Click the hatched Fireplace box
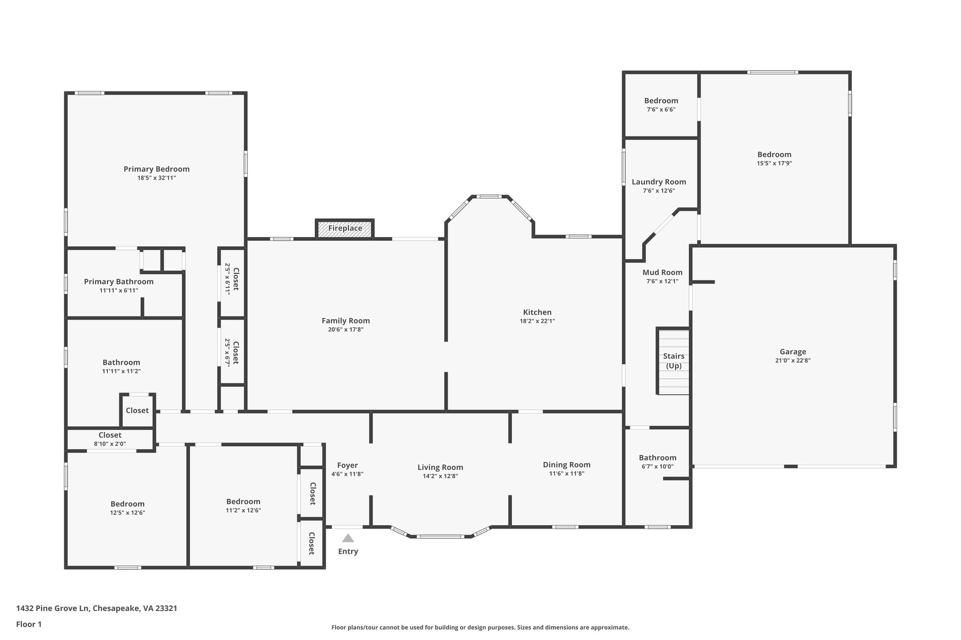point(345,229)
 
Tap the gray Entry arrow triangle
point(348,538)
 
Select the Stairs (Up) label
point(673,361)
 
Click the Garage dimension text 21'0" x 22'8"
point(793,361)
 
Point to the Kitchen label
point(537,312)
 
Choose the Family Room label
point(345,321)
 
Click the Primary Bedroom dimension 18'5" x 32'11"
point(156,178)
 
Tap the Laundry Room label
point(658,182)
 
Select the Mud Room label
point(662,272)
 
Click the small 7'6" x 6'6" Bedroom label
point(661,101)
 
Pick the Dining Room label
point(566,465)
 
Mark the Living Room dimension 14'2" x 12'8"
point(440,476)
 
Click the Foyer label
point(347,465)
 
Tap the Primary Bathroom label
point(119,282)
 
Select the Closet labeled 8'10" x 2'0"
point(110,435)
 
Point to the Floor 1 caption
point(29,624)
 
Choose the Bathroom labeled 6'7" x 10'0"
point(657,458)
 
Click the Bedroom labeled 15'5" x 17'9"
point(774,155)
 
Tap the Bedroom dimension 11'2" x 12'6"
point(243,511)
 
